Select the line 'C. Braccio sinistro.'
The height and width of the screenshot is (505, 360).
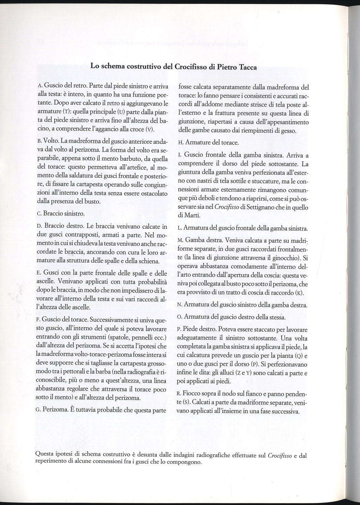pyautogui.click(x=61, y=214)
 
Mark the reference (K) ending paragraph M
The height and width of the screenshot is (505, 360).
pyautogui.click(x=299, y=293)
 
